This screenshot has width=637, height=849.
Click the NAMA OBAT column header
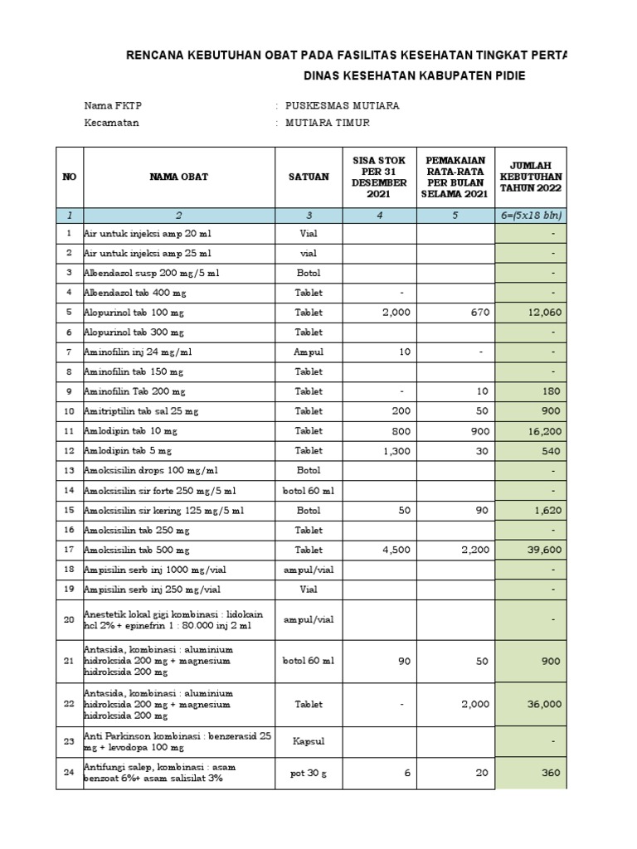tap(178, 177)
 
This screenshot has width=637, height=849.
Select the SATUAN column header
tap(309, 177)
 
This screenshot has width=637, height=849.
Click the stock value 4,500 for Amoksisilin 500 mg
tap(395, 550)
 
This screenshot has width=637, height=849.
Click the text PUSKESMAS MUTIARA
tap(342, 105)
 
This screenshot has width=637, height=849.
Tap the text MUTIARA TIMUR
tap(328, 123)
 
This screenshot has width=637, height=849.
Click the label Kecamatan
tap(112, 123)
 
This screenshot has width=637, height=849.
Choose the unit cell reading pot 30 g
tap(309, 774)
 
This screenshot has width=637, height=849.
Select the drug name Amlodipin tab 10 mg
tap(130, 431)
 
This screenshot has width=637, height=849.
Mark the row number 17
tap(69, 550)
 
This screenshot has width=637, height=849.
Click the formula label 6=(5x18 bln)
tap(531, 215)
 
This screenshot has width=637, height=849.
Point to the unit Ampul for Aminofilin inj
tap(309, 352)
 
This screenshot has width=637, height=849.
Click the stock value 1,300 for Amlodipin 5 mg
tap(395, 451)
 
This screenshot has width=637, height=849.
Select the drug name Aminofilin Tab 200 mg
tap(134, 391)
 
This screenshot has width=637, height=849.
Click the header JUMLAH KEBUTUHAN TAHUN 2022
tap(531, 177)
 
